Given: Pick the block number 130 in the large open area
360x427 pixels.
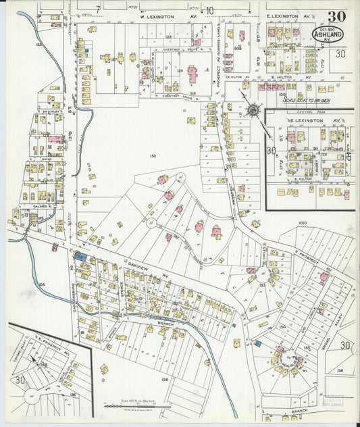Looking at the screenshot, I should tap(153, 156).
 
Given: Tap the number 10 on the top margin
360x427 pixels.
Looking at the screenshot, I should tap(210, 10).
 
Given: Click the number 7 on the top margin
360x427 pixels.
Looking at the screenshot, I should tap(98, 8).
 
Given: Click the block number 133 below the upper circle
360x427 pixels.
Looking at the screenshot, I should tap(261, 286).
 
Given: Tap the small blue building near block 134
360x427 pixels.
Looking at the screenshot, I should tap(258, 344).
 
